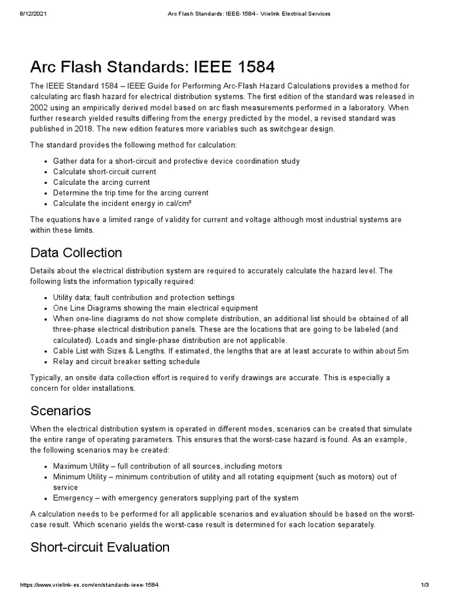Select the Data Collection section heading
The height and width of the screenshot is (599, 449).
coord(76,253)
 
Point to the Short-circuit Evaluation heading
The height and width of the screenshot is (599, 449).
coord(100,548)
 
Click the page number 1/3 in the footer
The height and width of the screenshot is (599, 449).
coord(425,585)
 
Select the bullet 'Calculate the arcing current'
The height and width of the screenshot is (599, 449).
coord(101,182)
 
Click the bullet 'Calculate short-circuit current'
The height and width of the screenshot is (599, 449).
coord(105,171)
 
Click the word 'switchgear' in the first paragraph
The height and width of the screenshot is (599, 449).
coord(276,129)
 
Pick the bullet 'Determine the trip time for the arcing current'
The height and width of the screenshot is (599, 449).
coord(130,192)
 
